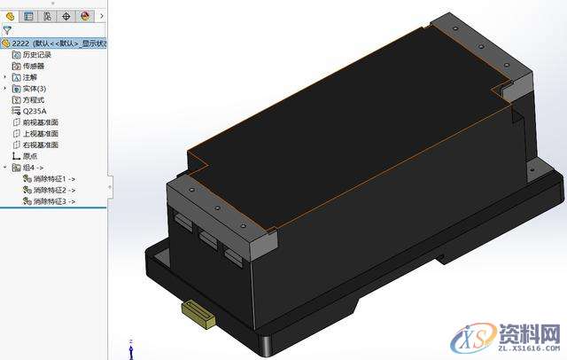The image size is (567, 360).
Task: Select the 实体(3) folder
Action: tap(35, 89)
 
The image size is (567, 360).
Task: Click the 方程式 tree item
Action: tap(34, 100)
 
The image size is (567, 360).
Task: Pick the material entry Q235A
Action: tap(35, 111)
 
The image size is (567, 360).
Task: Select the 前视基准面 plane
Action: tap(40, 122)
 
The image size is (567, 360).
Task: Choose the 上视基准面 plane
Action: tap(40, 133)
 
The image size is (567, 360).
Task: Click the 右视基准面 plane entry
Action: tap(40, 145)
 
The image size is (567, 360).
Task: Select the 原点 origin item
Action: tap(29, 155)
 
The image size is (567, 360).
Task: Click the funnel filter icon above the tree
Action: tap(7, 29)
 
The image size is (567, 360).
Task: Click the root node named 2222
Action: tap(53, 42)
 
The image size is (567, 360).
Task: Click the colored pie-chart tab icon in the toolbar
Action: tap(85, 15)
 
